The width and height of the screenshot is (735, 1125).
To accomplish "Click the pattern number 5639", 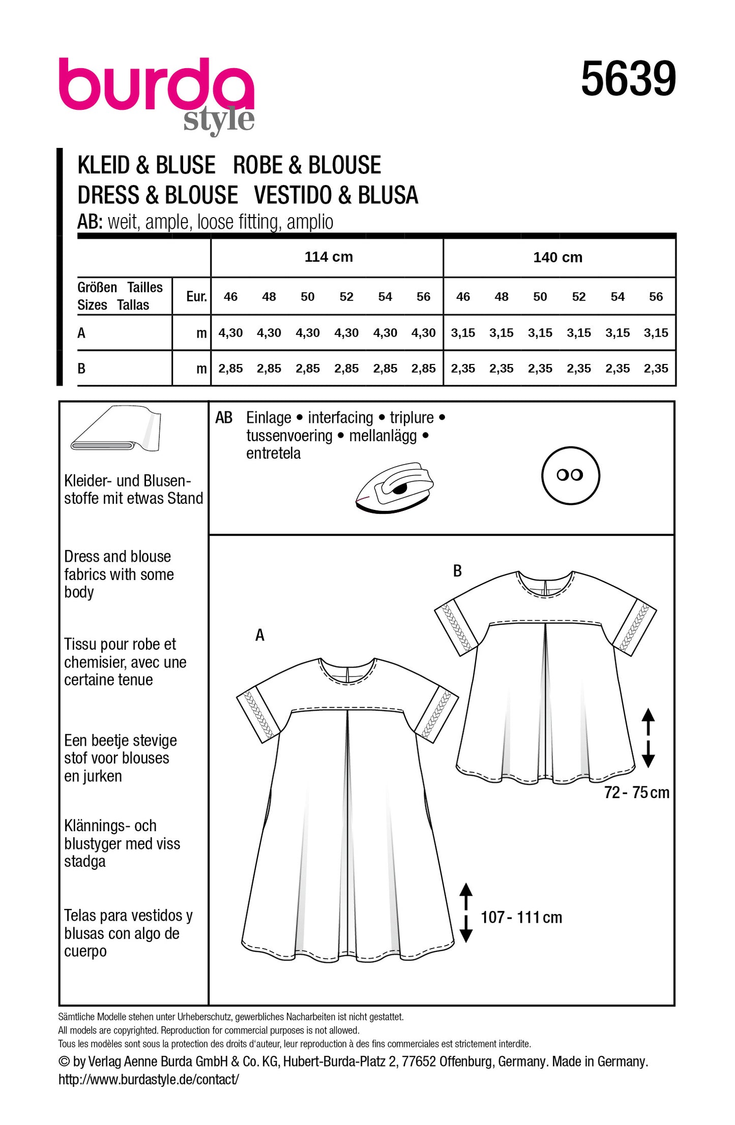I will point(628,79).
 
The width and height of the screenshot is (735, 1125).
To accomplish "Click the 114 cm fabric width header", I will point(329,257).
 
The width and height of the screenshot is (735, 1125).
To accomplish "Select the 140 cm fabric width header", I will point(557,258).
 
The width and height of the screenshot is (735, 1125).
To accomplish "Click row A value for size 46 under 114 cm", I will point(230,333).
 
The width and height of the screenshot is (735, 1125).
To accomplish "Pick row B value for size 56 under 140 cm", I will point(656,369).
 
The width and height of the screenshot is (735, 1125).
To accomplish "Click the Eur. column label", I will point(196,297).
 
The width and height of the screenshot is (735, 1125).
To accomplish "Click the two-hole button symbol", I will point(570,476).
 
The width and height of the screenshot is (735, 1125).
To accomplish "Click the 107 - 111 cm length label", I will point(521,918).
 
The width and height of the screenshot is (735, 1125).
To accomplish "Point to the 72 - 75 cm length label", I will point(636,793).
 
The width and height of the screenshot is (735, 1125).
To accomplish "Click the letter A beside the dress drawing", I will point(260,635).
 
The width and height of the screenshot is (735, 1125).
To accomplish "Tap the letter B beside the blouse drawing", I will point(457,571).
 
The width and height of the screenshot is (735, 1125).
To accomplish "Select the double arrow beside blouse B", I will point(648,738).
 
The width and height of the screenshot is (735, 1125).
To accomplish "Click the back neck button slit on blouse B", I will point(545,587).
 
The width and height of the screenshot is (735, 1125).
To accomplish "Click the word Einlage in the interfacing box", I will point(269,418).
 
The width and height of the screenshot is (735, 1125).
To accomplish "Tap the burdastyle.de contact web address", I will point(149,1080).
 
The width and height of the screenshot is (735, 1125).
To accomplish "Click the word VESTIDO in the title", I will point(297,196).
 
